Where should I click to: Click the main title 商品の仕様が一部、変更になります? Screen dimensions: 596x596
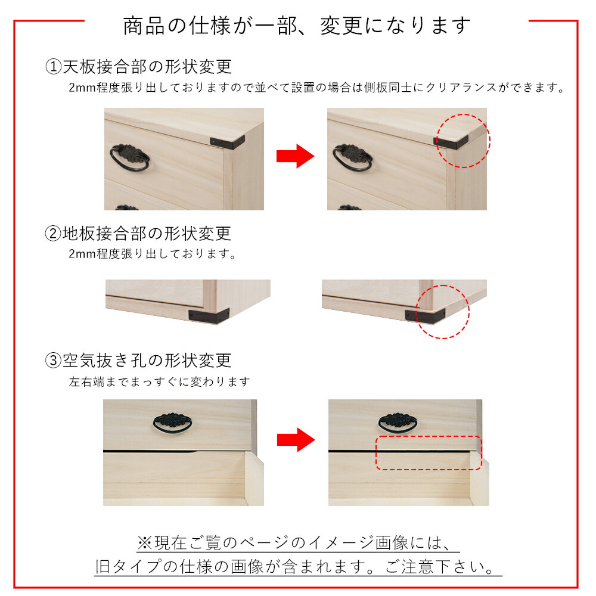pos(297,26)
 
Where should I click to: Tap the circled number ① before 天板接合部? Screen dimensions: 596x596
pos(53,67)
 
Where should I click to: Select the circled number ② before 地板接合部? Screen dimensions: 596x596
pos(53,234)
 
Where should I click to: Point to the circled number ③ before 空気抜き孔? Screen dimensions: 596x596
pos(53,361)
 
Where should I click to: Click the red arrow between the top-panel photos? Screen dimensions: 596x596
pos(296,156)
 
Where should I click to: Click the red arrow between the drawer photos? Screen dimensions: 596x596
pos(296,440)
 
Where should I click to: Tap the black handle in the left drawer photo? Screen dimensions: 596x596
pos(172,423)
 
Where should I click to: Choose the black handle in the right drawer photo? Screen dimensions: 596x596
pos(398,423)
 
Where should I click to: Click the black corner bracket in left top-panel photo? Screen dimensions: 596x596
pos(227,142)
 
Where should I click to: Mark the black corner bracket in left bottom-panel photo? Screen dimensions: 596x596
pos(209,316)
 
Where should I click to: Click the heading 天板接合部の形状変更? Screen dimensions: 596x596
pos(147,67)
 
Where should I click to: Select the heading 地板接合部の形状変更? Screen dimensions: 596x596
pos(147,234)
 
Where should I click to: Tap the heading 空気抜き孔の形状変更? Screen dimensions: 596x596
pos(147,361)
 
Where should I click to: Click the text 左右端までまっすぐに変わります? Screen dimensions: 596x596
pos(159,381)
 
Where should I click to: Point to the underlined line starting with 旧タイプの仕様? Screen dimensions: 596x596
pos(299,566)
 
